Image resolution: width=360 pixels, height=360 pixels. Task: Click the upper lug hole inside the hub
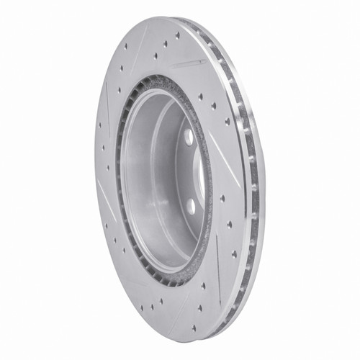coord(189,136)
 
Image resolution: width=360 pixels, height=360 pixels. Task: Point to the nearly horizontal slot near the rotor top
coord(189,64)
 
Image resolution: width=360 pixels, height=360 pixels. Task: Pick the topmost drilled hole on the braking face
coord(176,34)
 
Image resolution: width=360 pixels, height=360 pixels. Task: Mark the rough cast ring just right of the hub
coord(209,173)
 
